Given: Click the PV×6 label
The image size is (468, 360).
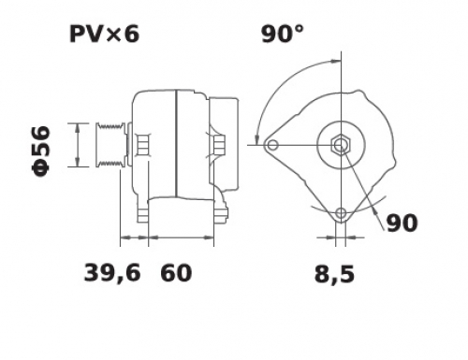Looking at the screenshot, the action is [104, 34].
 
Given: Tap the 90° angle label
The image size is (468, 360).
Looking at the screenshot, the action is [283, 34].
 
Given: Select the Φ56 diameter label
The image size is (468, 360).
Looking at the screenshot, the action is [41, 151].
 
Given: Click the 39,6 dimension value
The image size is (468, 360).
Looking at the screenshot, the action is [112, 273].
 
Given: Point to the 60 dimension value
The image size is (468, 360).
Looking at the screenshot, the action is [176, 273].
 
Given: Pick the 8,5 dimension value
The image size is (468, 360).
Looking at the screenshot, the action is [334, 274].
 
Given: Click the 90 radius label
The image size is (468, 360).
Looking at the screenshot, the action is [402, 223].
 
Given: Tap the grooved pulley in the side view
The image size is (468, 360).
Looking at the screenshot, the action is [110, 145].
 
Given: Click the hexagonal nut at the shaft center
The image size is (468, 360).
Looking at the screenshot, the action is [341, 145].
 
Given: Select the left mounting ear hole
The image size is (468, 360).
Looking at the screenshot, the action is [272, 145].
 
